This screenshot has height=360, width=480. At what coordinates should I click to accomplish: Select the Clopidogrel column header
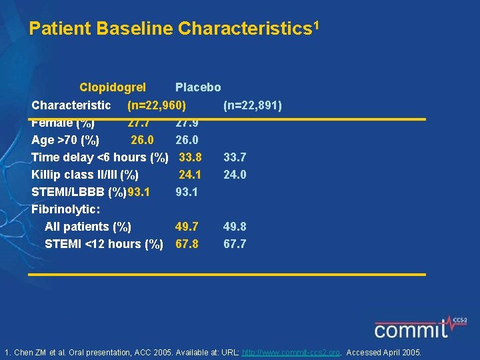(x=113, y=87)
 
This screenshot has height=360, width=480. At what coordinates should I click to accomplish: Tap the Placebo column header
(x=198, y=87)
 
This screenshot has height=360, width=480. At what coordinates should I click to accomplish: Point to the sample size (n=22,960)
(x=157, y=105)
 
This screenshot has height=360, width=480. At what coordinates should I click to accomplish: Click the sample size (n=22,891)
(x=253, y=105)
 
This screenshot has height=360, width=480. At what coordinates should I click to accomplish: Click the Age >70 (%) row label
(x=65, y=140)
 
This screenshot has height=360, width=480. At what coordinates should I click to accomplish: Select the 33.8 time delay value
(x=191, y=157)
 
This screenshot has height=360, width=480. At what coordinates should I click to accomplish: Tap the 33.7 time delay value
(x=235, y=157)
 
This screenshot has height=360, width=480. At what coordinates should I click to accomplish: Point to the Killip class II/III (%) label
(x=85, y=175)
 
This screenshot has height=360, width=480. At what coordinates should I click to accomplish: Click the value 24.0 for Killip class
(x=235, y=175)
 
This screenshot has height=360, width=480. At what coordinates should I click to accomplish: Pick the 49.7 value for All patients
(x=187, y=227)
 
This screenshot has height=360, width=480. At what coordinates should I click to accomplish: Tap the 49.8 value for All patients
(x=235, y=227)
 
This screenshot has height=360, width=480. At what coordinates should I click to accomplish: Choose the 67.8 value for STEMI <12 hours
(x=187, y=244)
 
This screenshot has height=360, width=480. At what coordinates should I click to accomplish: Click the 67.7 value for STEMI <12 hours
(x=235, y=244)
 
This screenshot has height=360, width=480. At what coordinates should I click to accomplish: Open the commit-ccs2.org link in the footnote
(x=291, y=352)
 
